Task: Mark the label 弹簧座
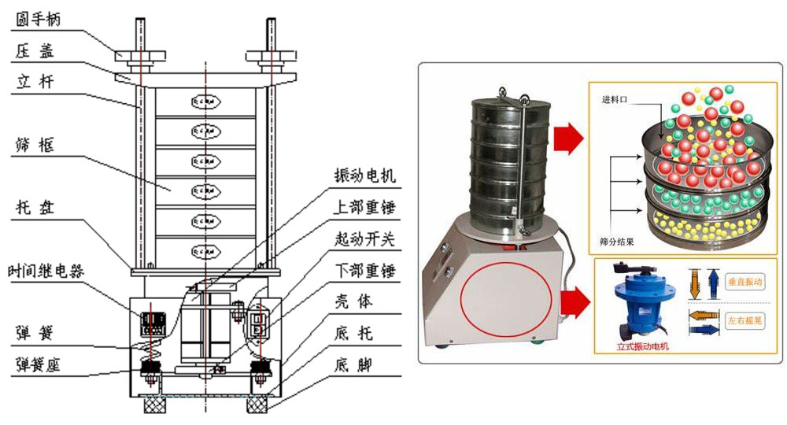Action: (38, 365)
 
